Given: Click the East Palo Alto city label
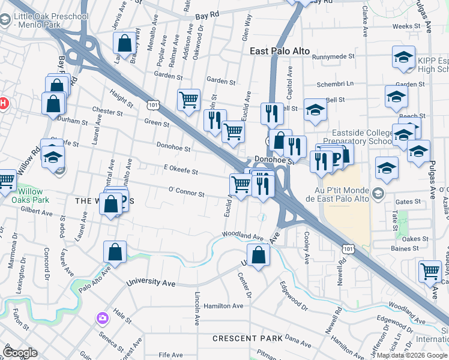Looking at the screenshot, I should [280, 52].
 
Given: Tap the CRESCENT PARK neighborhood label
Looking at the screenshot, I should [247, 338].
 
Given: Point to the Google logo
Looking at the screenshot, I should [20, 352].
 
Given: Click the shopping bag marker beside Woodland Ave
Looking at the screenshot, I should [258, 255].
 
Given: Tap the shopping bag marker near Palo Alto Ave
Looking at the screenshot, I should [115, 253].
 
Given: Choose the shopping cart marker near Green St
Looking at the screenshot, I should [189, 100].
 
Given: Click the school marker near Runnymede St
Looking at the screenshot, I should [403, 58].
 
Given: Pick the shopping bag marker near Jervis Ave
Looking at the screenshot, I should [124, 43].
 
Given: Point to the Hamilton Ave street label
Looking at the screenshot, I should [223, 305].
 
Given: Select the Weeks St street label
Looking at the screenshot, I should [406, 26].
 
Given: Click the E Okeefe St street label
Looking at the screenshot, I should [180, 172].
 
